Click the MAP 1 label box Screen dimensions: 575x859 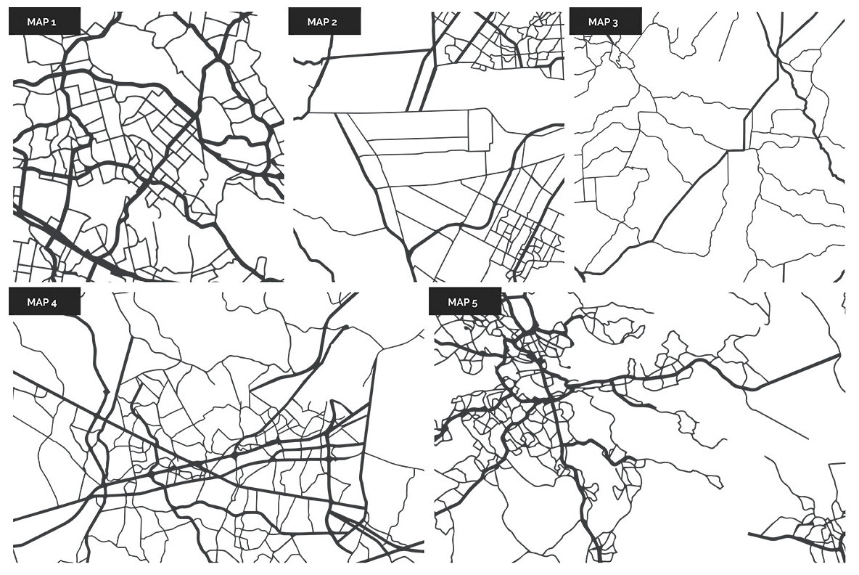(x=44, y=22)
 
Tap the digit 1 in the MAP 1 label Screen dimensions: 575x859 (x=54, y=22)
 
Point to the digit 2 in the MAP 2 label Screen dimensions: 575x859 (x=334, y=22)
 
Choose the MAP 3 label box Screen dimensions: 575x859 (x=605, y=22)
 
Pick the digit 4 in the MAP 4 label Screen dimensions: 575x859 (x=54, y=302)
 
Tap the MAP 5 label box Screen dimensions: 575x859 (x=464, y=302)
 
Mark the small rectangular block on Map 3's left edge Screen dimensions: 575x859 (x=586, y=189)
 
